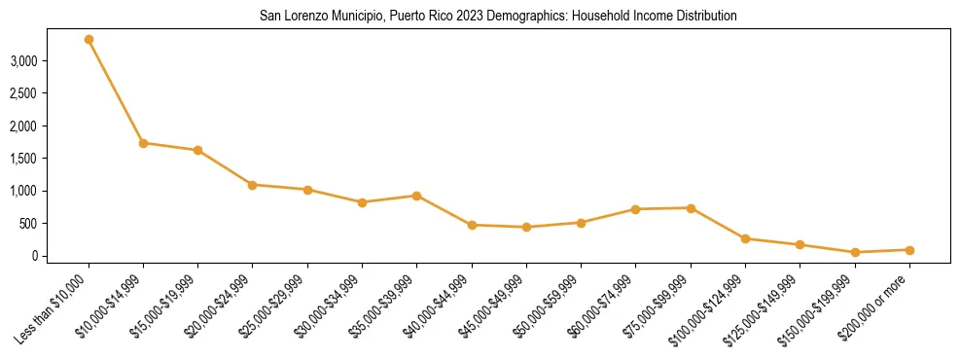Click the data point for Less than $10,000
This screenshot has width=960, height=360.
[x=89, y=39]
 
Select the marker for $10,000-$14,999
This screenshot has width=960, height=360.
[x=143, y=143]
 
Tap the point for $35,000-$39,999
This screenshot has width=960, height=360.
[x=416, y=196]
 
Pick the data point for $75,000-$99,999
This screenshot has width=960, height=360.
[x=691, y=208]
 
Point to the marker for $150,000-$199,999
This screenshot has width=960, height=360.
[x=855, y=252]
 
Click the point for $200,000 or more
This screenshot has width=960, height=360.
[x=909, y=250]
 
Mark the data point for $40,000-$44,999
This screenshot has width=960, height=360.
[x=472, y=225]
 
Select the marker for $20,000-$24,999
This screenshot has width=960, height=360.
[x=253, y=185]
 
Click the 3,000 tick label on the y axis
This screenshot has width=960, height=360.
[x=49, y=60]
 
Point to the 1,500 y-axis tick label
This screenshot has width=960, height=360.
[x=49, y=159]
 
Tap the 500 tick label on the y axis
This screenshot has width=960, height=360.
[x=54, y=224]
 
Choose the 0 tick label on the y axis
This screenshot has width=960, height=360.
[x=60, y=256]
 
